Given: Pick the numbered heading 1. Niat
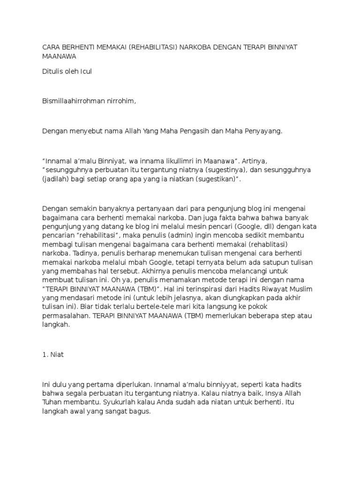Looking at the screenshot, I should click(53, 355).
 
